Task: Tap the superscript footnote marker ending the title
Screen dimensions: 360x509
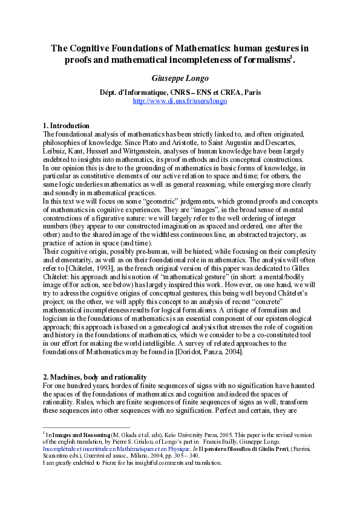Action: coord(292,56)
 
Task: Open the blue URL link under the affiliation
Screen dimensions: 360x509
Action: coord(180,101)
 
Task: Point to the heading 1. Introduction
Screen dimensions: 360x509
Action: coord(67,126)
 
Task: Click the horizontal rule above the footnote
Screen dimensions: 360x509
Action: coord(87,427)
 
